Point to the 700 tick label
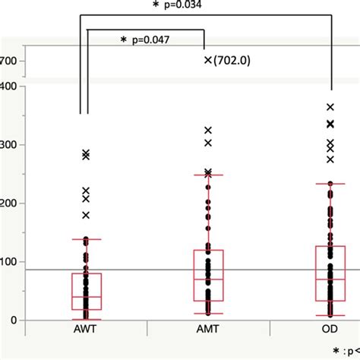(x=11, y=62)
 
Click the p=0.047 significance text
(x=152, y=39)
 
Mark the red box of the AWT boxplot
(x=86, y=291)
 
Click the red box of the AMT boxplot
(x=208, y=276)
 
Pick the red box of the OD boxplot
(x=330, y=273)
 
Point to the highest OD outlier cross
(x=330, y=107)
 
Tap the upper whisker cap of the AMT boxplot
(x=208, y=175)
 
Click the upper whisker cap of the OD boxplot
(x=330, y=183)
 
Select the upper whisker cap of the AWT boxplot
(x=86, y=239)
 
